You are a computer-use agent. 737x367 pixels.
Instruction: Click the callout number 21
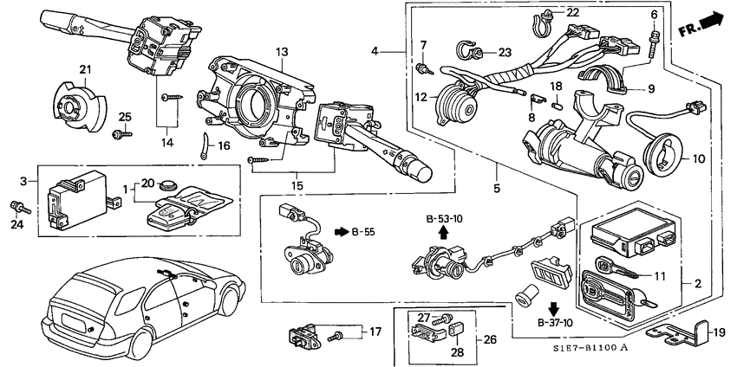click(85, 70)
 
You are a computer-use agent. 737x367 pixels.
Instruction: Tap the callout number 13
click(281, 52)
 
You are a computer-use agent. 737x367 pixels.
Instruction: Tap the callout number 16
click(224, 146)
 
